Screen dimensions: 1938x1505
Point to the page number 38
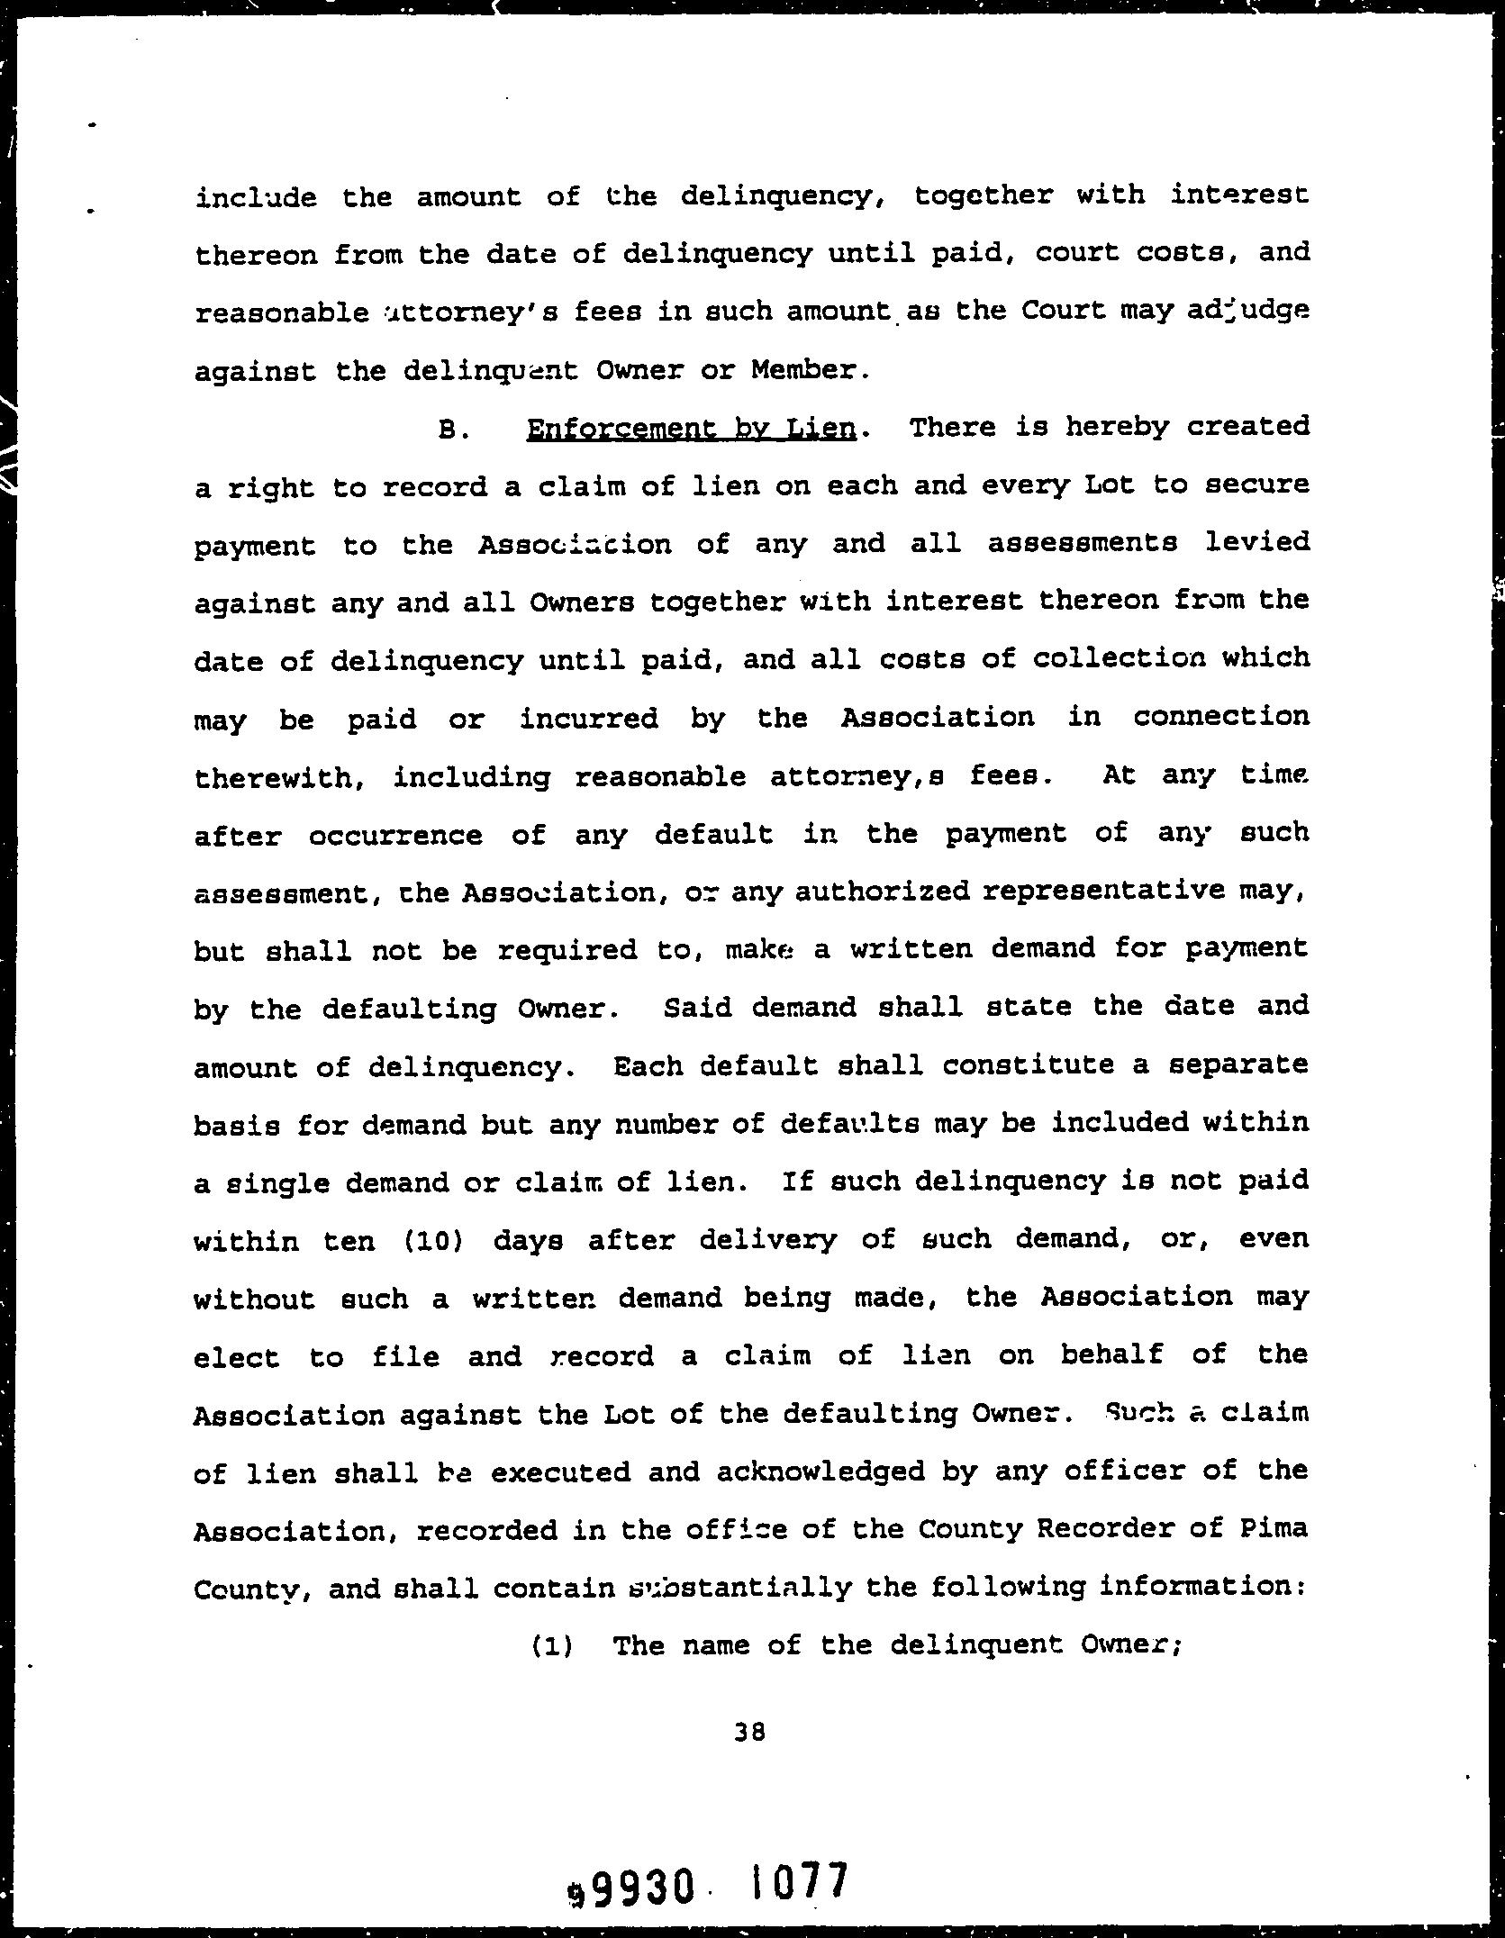pyautogui.click(x=749, y=1731)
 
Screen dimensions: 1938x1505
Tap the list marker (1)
pyautogui.click(x=551, y=1645)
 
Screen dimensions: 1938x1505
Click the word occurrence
pyautogui.click(x=396, y=835)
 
